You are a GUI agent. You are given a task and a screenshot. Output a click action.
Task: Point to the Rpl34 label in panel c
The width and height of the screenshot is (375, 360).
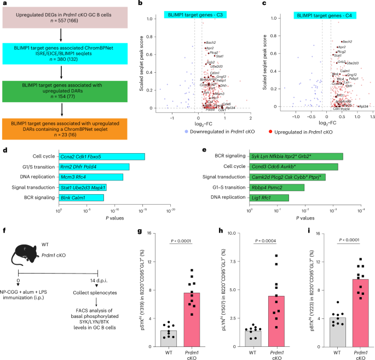[362, 107]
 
